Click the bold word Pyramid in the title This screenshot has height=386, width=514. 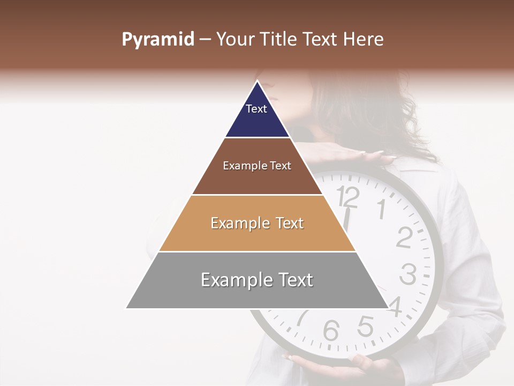(157, 40)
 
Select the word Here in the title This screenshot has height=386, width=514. (364, 40)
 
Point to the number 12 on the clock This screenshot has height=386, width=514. (349, 197)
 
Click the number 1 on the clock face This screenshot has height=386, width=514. (381, 209)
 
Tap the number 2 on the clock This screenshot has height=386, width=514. (404, 237)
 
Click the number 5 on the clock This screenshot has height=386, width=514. (366, 326)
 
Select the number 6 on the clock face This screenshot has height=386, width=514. (331, 330)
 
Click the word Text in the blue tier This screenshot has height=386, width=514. (256, 109)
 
